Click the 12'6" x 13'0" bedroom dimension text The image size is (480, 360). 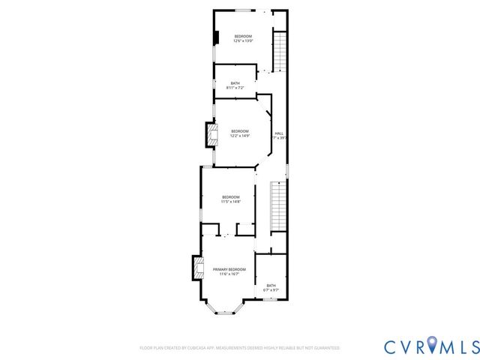[243, 41]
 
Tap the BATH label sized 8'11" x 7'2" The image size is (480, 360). [235, 88]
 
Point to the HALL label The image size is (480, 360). [279, 133]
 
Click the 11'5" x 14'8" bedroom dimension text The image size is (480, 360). [230, 202]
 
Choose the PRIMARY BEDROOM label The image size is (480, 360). [229, 269]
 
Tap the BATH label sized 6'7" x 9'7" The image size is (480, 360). [271, 289]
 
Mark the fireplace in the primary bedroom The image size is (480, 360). [197, 268]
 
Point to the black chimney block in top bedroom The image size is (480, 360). [216, 37]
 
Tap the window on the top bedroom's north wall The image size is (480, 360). [244, 10]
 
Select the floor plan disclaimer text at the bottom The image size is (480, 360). [239, 348]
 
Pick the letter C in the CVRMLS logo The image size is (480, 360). [391, 346]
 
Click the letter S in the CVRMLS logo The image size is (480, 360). [472, 346]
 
